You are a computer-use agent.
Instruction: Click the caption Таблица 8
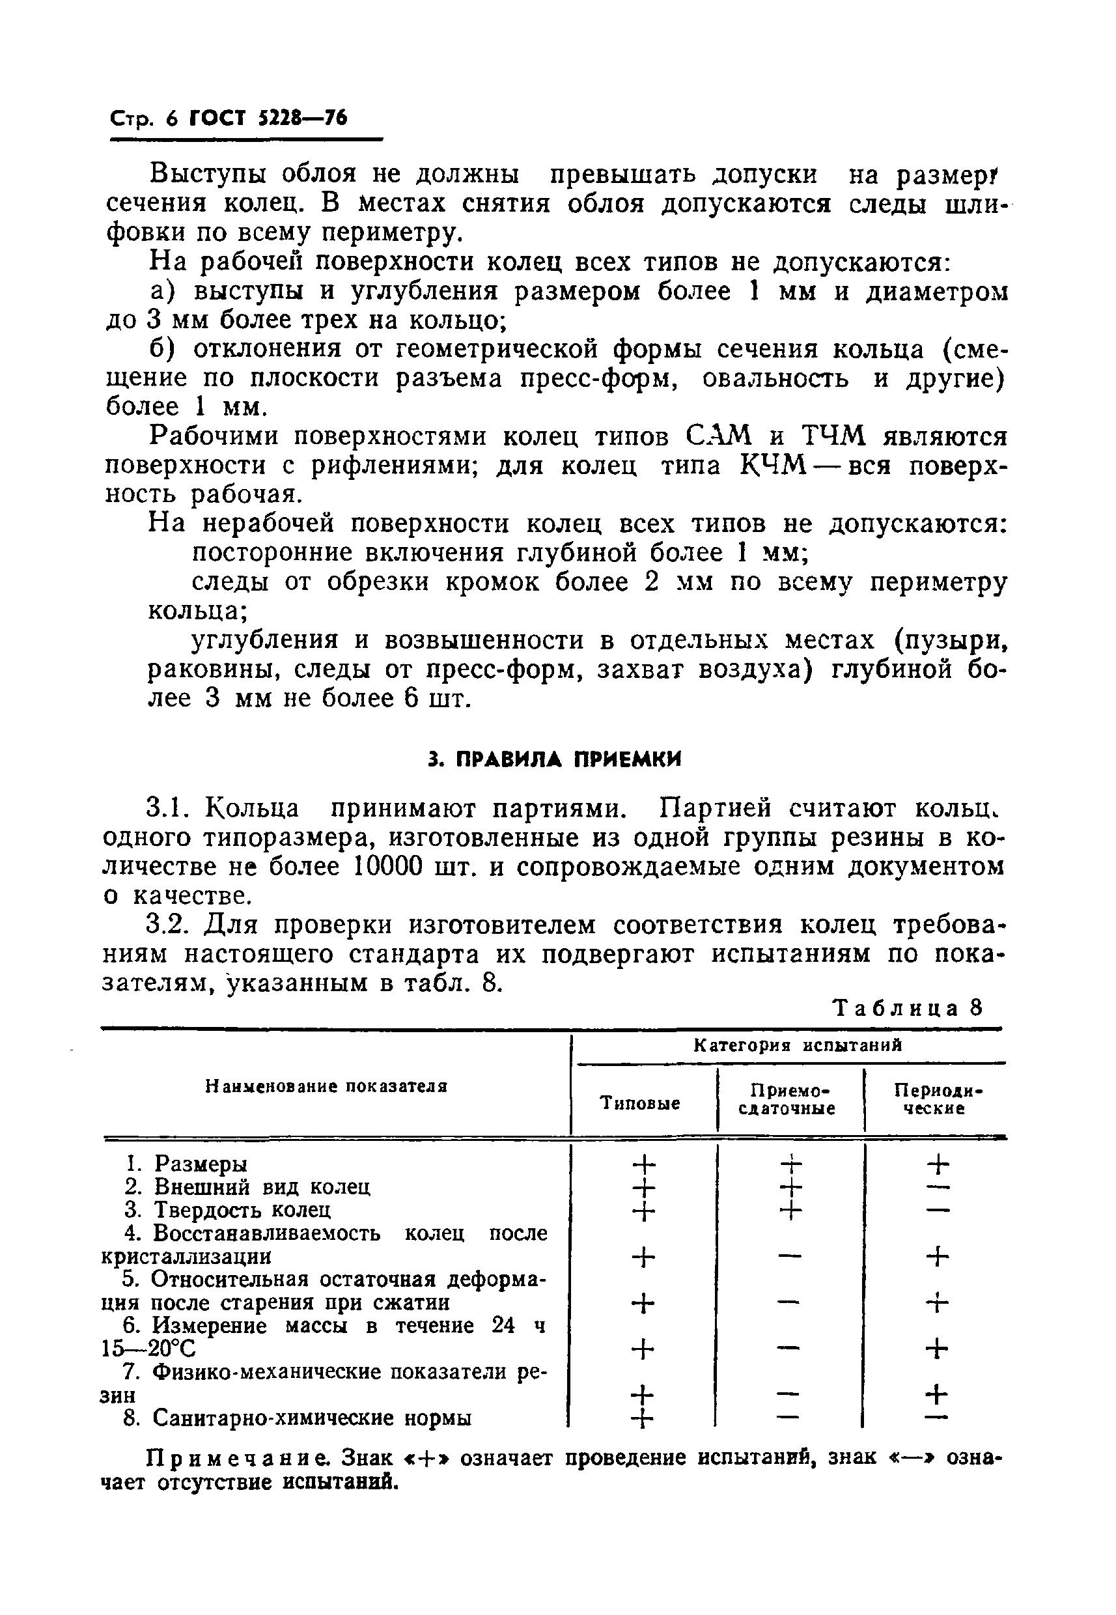(x=908, y=1008)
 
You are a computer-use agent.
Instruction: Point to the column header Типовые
(x=640, y=1104)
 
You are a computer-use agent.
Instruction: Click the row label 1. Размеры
(x=186, y=1164)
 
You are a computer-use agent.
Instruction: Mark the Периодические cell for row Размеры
(x=937, y=1164)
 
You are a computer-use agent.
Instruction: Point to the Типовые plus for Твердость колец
(x=643, y=1210)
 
